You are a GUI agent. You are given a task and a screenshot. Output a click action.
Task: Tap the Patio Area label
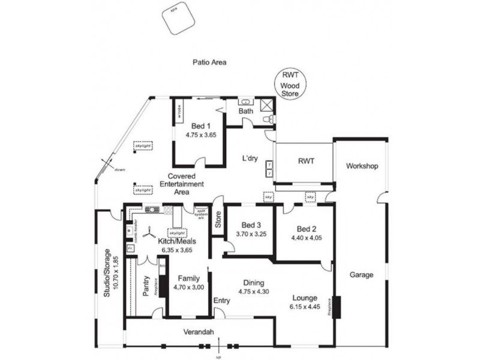(208, 62)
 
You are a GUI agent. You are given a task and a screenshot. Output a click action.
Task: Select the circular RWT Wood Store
(291, 85)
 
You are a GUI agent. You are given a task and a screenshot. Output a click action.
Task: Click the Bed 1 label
(200, 126)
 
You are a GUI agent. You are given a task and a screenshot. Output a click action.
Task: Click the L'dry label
(249, 158)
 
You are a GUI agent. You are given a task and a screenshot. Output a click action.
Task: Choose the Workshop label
(362, 166)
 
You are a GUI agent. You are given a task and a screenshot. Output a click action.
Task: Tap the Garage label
(362, 275)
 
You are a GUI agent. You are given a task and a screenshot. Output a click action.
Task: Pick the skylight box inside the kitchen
(177, 233)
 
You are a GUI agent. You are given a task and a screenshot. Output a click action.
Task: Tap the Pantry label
(145, 286)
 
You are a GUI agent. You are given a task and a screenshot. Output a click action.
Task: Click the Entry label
(221, 301)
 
